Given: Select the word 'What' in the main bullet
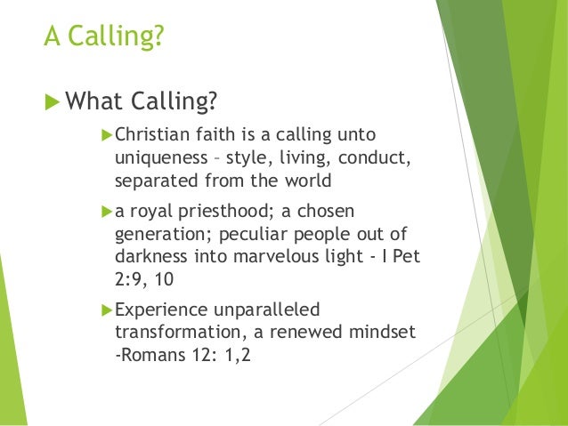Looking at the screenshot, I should click(x=99, y=101).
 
